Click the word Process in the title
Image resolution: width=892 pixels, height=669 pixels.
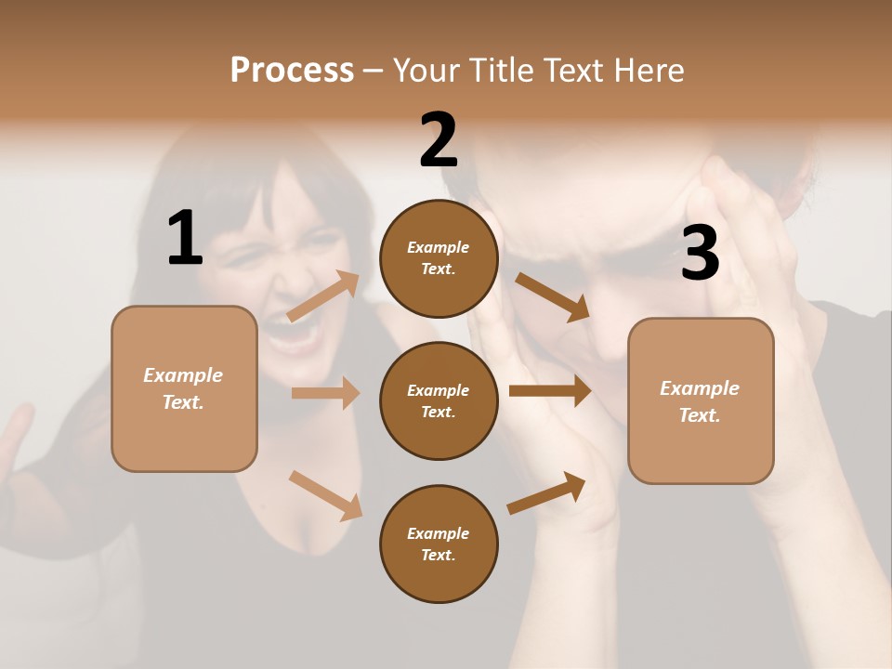pos(292,71)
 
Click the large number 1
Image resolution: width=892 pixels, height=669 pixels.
pos(185,239)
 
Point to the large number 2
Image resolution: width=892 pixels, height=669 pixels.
pos(439,139)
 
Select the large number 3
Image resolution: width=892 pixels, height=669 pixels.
pos(700,254)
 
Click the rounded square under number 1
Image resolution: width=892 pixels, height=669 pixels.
pos(184,388)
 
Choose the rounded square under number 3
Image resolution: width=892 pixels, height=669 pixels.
pos(701,400)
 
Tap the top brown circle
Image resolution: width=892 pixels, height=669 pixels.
pos(439,258)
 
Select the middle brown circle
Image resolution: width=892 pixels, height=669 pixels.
pos(439,400)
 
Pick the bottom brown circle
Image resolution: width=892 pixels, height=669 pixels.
pos(439,544)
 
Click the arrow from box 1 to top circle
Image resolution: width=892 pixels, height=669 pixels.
pos(323,296)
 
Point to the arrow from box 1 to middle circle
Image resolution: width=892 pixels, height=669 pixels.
pos(325,393)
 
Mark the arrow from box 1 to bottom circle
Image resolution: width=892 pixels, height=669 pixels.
pos(325,494)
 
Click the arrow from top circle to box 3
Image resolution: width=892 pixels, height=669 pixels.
pos(552,297)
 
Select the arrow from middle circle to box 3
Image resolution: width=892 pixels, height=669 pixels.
pos(550,390)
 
